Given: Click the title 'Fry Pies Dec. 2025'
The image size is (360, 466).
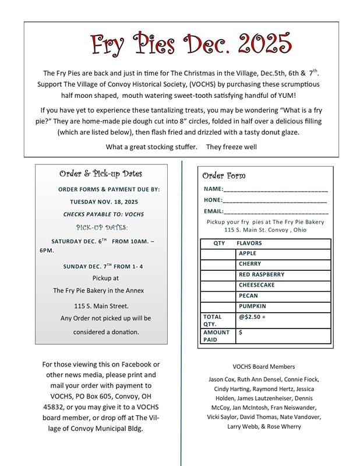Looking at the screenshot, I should tap(190, 44).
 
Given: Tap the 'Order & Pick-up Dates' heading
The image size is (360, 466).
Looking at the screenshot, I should tap(101, 174).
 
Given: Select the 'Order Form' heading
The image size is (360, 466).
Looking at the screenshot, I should tap(224, 176).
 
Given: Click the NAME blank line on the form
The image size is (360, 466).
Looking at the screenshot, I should tap(276, 189).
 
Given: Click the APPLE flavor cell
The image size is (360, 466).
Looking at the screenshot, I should tap(283, 253).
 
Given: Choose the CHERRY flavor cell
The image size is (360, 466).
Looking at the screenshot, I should tap(283, 264).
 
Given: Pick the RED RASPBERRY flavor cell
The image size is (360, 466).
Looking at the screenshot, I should tap(283, 274).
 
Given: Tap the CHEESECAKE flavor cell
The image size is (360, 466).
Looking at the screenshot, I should tap(283, 285).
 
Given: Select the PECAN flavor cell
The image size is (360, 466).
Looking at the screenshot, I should tap(283, 295).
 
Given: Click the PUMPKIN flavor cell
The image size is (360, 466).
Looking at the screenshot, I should tap(283, 306).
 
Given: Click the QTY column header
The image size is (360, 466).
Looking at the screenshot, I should tap(219, 243).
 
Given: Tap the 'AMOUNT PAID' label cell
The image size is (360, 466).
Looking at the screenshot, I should tap(217, 336).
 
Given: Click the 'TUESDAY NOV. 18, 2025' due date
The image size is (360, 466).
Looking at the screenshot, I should tap(104, 202).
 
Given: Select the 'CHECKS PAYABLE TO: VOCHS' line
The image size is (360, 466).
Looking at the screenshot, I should tap(104, 214).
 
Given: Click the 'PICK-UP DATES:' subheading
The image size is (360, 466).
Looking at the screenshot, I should tap(102, 227).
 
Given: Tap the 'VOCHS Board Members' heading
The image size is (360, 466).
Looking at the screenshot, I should tap(264, 367).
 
